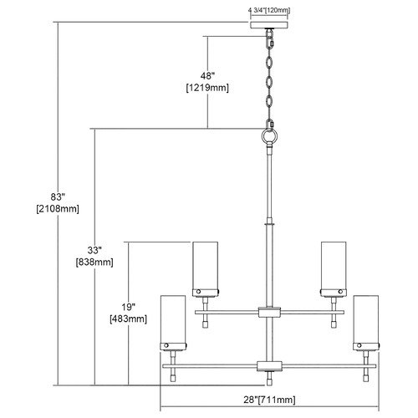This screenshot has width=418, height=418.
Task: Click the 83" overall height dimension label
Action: coord(58,196)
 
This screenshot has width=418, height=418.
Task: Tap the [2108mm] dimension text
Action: coord(58,209)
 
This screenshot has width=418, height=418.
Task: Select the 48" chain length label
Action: coord(207,76)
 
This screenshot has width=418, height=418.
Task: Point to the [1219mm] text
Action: coord(207,88)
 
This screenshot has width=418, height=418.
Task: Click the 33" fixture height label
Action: coord(94,250)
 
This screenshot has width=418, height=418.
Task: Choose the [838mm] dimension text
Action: coord(94,263)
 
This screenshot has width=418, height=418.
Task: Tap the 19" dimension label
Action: coord(128,307)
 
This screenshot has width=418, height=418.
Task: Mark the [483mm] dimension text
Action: coord(128,319)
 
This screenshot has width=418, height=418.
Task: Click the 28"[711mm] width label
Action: coord(269,400)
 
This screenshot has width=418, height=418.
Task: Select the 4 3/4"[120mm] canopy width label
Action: coord(269,11)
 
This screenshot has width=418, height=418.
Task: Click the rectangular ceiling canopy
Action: coord(269,25)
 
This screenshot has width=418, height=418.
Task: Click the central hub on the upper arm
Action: coord(269,312)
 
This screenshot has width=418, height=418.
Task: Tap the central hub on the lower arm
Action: coord(269,366)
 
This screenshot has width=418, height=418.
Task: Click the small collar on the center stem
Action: coord(269,223)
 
